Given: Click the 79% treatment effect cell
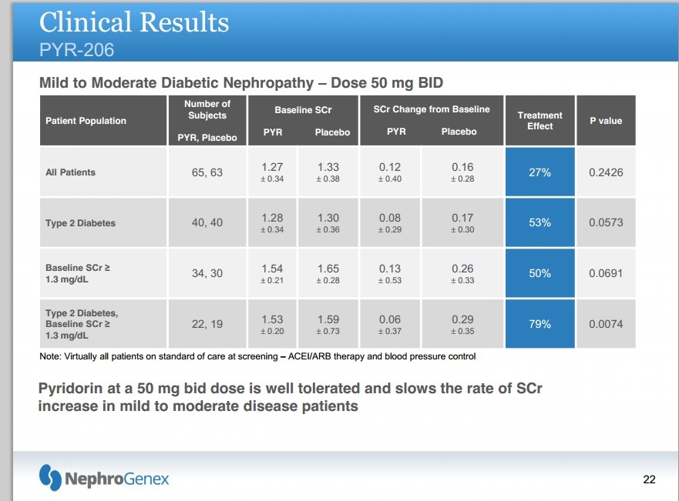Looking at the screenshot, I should pyautogui.click(x=540, y=324).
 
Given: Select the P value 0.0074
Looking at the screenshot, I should pyautogui.click(x=606, y=324).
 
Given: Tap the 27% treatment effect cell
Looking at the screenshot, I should pyautogui.click(x=540, y=172).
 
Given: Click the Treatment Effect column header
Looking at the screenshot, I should pyautogui.click(x=540, y=121).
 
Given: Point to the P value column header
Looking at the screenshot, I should pyautogui.click(x=606, y=121).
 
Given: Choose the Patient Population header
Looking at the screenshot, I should pyautogui.click(x=86, y=121).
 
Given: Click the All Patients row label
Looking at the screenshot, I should pyautogui.click(x=71, y=172).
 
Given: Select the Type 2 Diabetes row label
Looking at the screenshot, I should pyautogui.click(x=80, y=223).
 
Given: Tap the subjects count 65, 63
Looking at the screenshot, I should pyautogui.click(x=207, y=172).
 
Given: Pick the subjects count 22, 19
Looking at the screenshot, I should pyautogui.click(x=207, y=324).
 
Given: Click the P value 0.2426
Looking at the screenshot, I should pyautogui.click(x=606, y=172).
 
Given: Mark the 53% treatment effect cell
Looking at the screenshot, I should pyautogui.click(x=540, y=223).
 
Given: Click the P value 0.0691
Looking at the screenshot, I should pyautogui.click(x=606, y=273).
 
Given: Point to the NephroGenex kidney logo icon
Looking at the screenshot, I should pyautogui.click(x=50, y=478).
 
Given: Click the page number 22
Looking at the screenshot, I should pyautogui.click(x=649, y=479).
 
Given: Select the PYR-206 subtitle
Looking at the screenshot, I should pyautogui.click(x=76, y=50).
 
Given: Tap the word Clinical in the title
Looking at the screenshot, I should pyautogui.click(x=86, y=22).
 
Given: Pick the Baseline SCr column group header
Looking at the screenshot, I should pyautogui.click(x=303, y=110).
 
